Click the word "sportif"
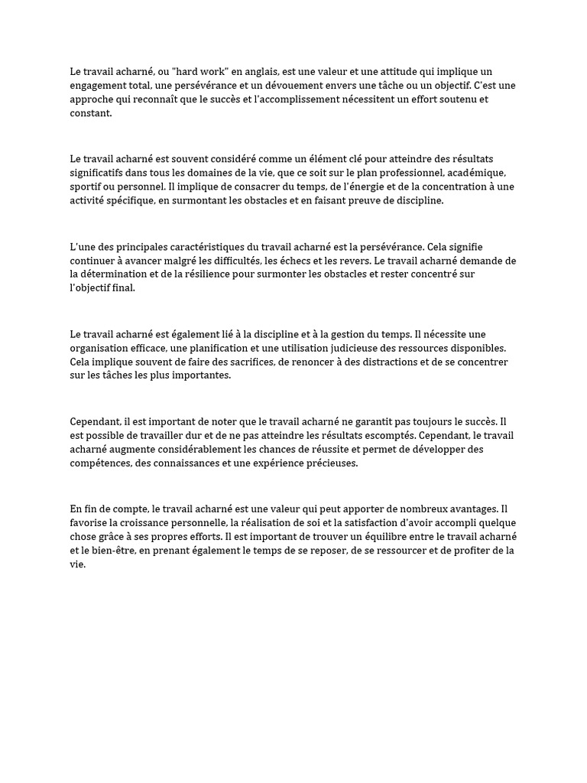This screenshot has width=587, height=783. tap(84, 187)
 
